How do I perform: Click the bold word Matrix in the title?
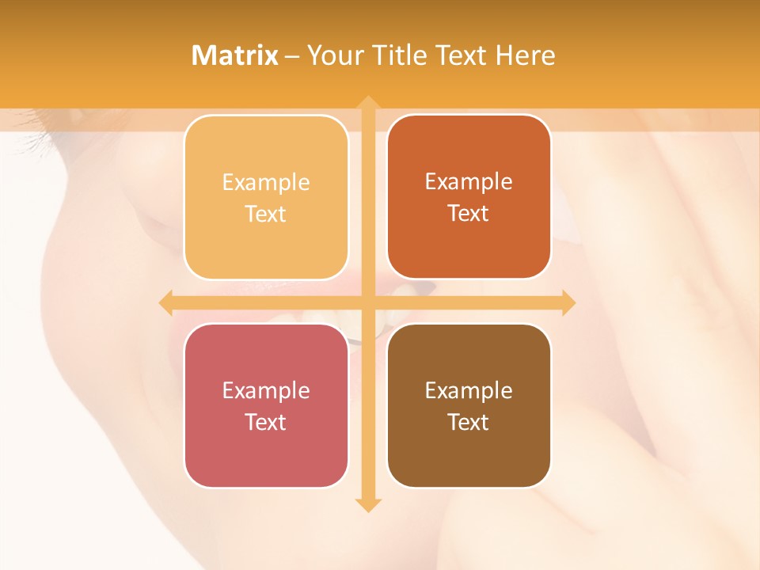(235, 55)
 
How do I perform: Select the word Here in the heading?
(525, 55)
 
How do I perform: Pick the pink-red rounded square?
(266, 451)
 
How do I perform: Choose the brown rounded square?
(469, 451)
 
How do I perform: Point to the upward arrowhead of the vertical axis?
(367, 103)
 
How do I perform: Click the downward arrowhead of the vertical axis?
(367, 505)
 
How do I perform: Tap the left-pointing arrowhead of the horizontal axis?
(166, 302)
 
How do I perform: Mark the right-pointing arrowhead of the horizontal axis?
(568, 302)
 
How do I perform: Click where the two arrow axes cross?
(367, 302)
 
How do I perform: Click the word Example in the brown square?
(469, 390)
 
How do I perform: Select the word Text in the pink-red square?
(266, 422)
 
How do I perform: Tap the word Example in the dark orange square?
(469, 182)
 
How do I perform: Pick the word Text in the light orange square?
(266, 214)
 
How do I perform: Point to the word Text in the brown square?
(469, 422)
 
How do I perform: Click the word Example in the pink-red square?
(266, 390)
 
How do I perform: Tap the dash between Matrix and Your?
(292, 56)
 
